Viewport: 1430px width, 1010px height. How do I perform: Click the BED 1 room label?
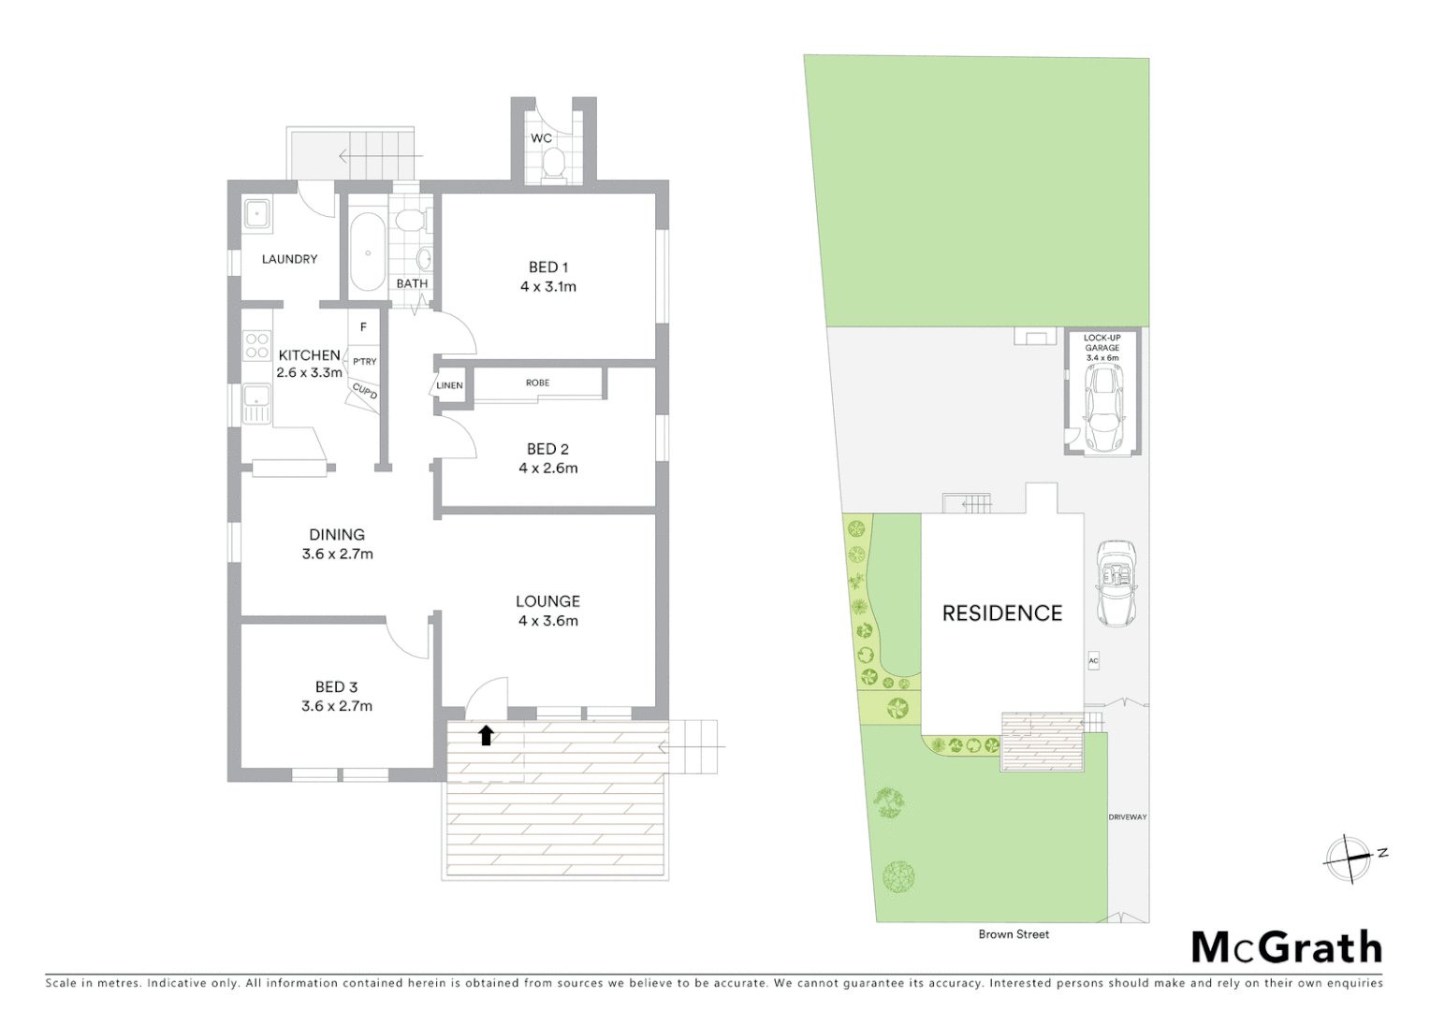(x=547, y=267)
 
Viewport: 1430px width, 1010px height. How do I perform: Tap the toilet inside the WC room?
(x=553, y=165)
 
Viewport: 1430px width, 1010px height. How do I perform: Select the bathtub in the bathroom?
(x=368, y=252)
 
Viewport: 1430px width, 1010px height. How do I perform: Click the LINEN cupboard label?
(x=449, y=385)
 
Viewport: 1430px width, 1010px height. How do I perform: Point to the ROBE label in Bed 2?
(x=537, y=382)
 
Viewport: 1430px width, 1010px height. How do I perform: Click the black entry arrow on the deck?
(x=486, y=735)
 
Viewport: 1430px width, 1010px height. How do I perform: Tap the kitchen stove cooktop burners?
(x=256, y=346)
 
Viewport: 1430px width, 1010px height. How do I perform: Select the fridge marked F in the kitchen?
(x=363, y=327)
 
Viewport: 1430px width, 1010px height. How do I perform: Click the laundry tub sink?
(x=256, y=214)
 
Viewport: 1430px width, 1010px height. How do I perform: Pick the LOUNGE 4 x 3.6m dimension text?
(x=548, y=621)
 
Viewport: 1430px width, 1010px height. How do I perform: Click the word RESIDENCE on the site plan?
(x=1001, y=613)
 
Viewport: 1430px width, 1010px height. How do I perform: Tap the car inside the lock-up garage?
(x=1104, y=407)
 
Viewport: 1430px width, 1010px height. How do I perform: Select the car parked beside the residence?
(x=1116, y=583)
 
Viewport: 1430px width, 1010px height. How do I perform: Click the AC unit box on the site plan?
(x=1093, y=661)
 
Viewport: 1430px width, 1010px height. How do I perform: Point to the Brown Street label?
(x=1014, y=934)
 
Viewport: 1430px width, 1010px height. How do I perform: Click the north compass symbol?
(x=1348, y=858)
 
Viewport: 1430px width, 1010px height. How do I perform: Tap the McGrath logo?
(x=1287, y=947)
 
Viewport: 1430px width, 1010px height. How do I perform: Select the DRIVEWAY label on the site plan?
(x=1128, y=817)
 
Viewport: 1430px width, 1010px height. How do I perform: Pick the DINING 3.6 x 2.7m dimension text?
(x=337, y=554)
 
